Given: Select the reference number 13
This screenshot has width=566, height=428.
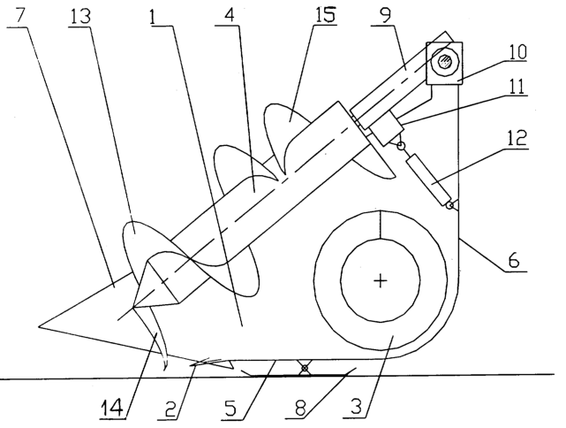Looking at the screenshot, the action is coord(80,16).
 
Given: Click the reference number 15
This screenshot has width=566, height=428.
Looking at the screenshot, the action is coord(324,14).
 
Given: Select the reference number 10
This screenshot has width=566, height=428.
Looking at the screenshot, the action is coord(517,52).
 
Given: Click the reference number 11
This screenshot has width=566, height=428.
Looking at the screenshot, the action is coord(517,86).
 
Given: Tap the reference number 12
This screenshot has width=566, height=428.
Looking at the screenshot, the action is coord(517,137).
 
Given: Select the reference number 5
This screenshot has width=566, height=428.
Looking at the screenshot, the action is coord(230,408).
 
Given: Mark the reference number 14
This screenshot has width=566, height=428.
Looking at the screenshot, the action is coord(114,408).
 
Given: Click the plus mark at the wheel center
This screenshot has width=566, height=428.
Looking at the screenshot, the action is coord(380,281).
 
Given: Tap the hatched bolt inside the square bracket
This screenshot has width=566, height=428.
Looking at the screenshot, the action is coord(445,61).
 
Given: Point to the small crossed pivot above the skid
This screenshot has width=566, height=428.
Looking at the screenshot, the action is coord(305,368).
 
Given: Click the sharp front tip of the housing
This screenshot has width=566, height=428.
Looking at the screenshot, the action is coord(39,327).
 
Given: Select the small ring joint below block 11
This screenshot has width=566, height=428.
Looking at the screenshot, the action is coord(400,146).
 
